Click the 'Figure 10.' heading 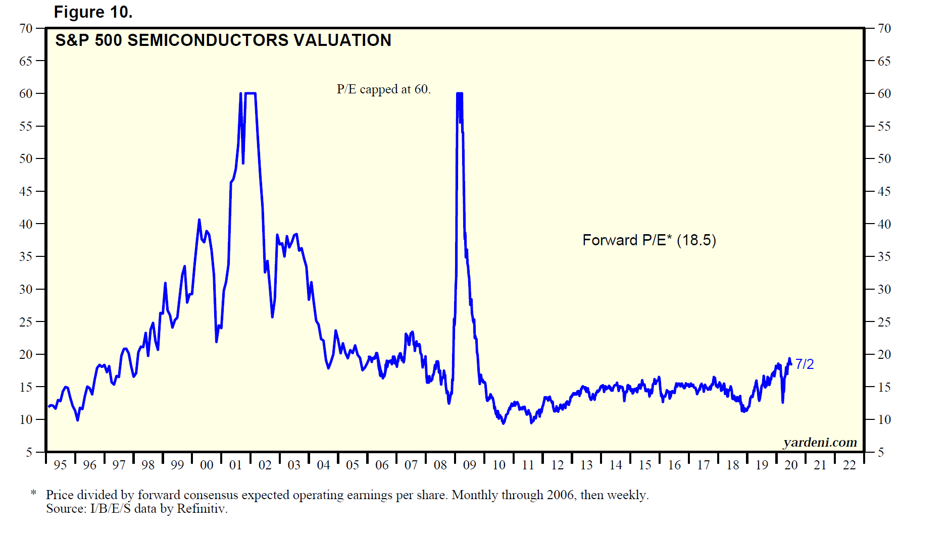[x=93, y=12]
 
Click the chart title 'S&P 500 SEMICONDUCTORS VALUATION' [x=223, y=40]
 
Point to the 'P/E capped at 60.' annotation [x=383, y=89]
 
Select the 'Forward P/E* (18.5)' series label [x=649, y=240]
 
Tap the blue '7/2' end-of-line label [x=804, y=364]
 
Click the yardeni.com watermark [x=820, y=443]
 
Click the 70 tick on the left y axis [x=26, y=28]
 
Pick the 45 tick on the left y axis [x=26, y=191]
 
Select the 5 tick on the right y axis [x=881, y=452]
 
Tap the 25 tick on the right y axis [x=884, y=322]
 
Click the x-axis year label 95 [x=60, y=465]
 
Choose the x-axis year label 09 [x=469, y=465]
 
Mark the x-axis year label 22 [x=849, y=465]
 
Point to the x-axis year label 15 [x=644, y=465]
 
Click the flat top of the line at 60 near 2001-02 [x=250, y=93]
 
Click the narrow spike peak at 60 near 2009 [x=459, y=94]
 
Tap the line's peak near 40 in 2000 [x=199, y=220]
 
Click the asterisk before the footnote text [x=33, y=493]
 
